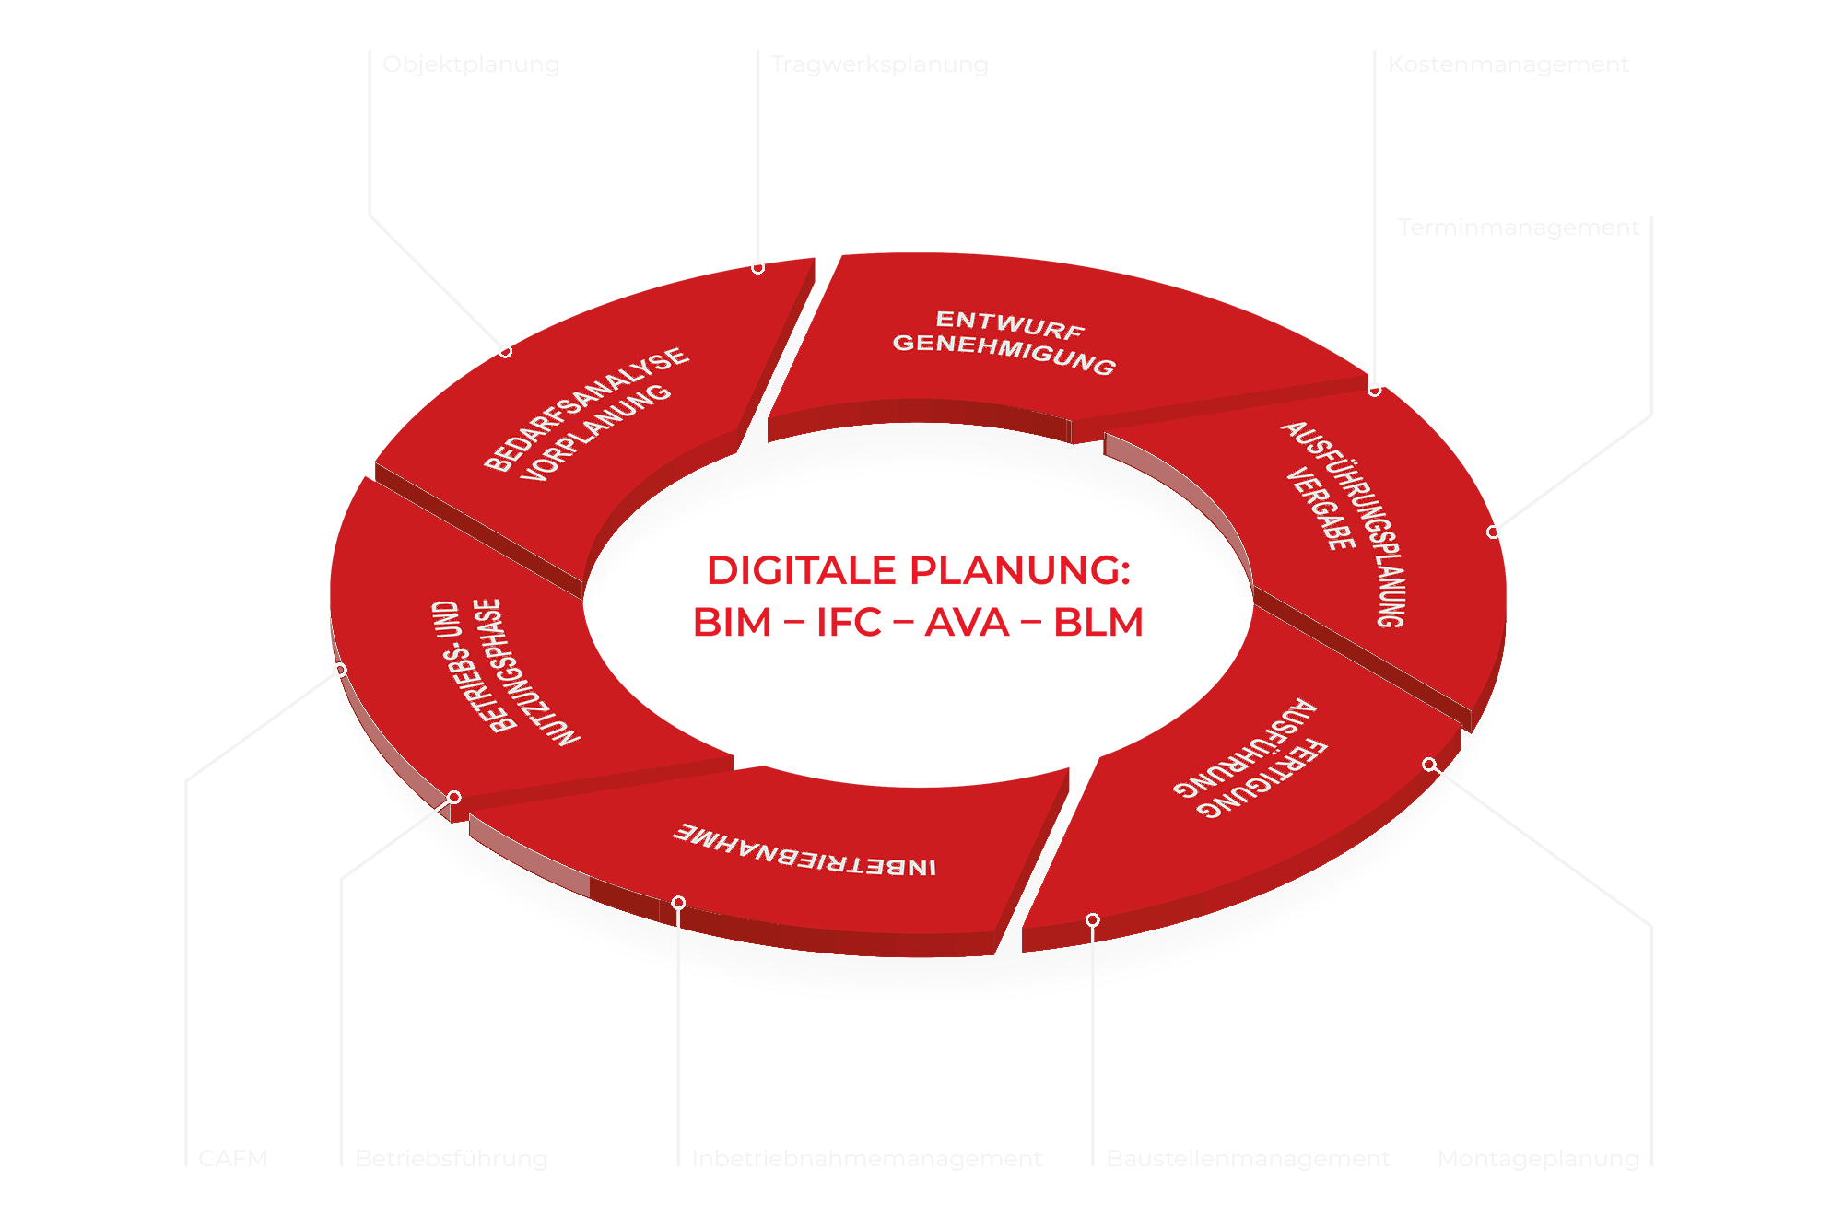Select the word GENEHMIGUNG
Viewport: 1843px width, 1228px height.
point(1004,354)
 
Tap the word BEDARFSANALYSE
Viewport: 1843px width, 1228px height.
point(586,408)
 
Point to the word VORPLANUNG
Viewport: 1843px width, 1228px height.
point(597,432)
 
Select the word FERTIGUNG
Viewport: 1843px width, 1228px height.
point(1263,778)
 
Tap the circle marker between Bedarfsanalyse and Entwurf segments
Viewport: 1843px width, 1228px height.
point(757,268)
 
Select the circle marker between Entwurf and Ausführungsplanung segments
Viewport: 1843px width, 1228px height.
point(1375,391)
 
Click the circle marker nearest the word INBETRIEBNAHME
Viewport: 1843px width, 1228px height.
point(678,903)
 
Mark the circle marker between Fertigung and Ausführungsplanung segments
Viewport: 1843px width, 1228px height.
point(1429,765)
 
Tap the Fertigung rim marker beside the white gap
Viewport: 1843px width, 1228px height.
point(1093,920)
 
